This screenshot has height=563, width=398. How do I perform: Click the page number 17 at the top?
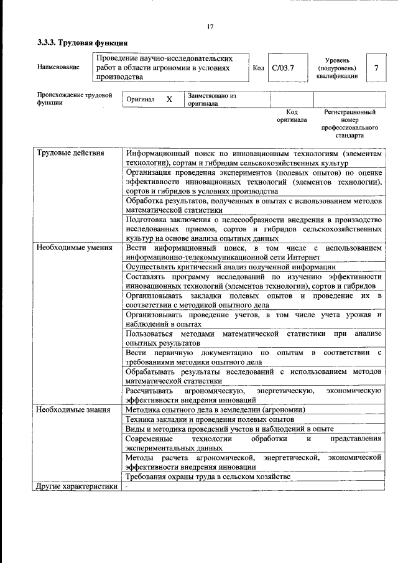pyautogui.click(x=210, y=26)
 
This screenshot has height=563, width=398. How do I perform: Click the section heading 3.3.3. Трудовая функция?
pyautogui.click(x=82, y=43)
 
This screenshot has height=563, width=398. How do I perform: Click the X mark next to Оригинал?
pyautogui.click(x=169, y=100)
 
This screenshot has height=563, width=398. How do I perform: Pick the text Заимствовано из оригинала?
pyautogui.click(x=211, y=100)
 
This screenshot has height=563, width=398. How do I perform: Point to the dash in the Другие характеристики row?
pyautogui.click(x=126, y=487)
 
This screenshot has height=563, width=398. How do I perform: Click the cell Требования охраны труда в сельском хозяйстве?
pyautogui.click(x=208, y=477)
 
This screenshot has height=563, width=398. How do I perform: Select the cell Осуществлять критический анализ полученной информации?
pyautogui.click(x=231, y=266)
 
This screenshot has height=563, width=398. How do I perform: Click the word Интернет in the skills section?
pyautogui.click(x=305, y=256)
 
